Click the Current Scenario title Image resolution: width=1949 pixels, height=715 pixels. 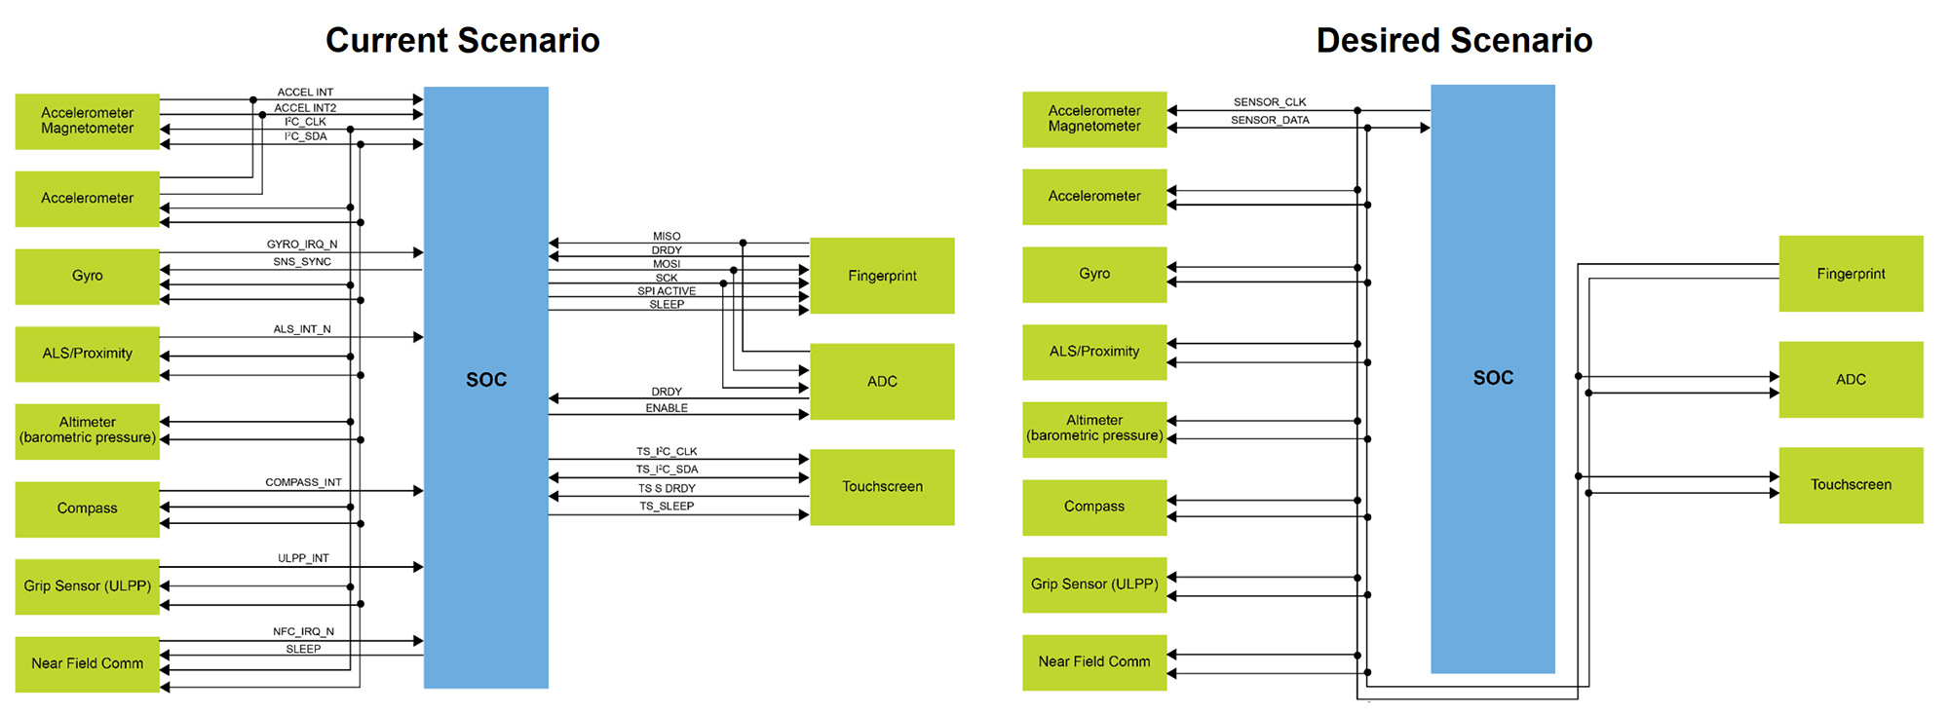tap(462, 40)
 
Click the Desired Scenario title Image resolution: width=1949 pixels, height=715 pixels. tap(1454, 40)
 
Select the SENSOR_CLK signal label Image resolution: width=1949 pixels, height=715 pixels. tap(1269, 101)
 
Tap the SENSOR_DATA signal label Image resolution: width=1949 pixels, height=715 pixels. tap(1269, 120)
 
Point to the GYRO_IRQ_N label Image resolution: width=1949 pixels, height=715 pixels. tap(302, 245)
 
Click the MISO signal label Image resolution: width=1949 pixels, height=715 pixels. tap(667, 237)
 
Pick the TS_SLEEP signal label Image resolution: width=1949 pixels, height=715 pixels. tap(667, 507)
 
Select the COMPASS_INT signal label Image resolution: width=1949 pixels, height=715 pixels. tap(303, 482)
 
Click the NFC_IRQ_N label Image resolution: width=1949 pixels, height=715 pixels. tap(303, 631)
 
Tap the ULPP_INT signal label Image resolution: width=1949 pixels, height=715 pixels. tap(303, 558)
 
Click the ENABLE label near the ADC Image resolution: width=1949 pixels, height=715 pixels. tap(667, 408)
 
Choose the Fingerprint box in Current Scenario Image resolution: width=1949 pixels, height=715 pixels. tap(882, 276)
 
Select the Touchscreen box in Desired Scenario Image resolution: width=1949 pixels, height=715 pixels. tap(1851, 485)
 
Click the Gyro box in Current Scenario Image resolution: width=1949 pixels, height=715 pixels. tap(87, 276)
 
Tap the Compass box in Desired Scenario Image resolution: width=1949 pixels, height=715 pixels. tap(1093, 507)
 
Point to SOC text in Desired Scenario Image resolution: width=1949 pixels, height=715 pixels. tap(1493, 378)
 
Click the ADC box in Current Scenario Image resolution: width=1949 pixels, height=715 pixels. tap(882, 381)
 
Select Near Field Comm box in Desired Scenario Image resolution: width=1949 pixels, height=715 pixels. tap(1093, 661)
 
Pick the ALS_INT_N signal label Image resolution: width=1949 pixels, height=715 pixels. tap(302, 329)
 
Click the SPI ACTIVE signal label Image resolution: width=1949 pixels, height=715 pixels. tap(667, 291)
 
